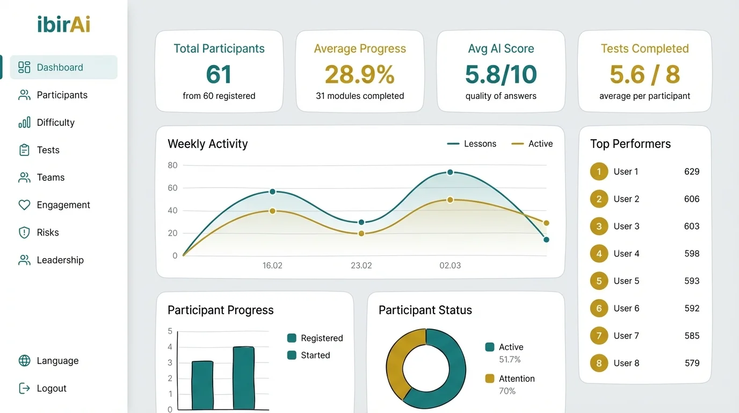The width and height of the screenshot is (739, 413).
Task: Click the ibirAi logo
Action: (x=64, y=24)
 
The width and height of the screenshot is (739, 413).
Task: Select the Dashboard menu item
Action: (x=60, y=67)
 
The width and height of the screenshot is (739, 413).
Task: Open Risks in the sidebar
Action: (x=48, y=232)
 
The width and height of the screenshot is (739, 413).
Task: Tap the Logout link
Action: (x=52, y=388)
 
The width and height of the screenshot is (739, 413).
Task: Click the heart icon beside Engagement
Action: (x=24, y=205)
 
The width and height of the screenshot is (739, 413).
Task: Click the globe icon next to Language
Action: (x=24, y=361)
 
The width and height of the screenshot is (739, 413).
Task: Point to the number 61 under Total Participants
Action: (x=219, y=74)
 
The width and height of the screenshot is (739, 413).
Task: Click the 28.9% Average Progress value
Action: (x=359, y=74)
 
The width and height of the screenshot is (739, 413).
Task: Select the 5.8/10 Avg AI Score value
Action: (x=501, y=74)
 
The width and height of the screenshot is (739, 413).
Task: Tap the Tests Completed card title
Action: (x=644, y=48)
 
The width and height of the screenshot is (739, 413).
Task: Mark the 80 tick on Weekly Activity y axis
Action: (x=172, y=165)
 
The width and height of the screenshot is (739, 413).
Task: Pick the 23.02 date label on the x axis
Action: (x=361, y=265)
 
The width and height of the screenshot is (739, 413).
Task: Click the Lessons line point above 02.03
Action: (x=450, y=172)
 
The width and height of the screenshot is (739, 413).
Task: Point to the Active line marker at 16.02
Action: (x=272, y=211)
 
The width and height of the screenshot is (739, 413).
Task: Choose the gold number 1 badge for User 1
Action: (x=599, y=172)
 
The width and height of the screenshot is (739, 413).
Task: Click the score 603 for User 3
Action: (x=692, y=226)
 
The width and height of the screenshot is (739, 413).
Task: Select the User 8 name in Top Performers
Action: (x=626, y=363)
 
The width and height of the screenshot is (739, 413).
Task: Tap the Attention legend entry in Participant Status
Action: (x=516, y=379)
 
